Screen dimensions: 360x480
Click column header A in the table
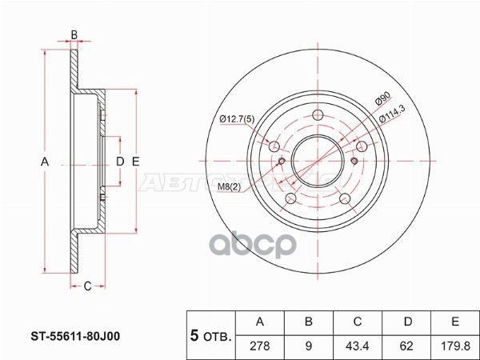pyautogui.click(x=259, y=322)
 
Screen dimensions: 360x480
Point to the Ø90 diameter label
pyautogui.click(x=382, y=100)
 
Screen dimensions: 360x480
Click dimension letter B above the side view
pyautogui.click(x=74, y=34)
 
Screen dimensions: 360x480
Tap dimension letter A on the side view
pyautogui.click(x=45, y=162)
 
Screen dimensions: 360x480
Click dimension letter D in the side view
pyautogui.click(x=120, y=162)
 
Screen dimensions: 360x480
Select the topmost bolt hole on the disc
pyautogui.click(x=318, y=114)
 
